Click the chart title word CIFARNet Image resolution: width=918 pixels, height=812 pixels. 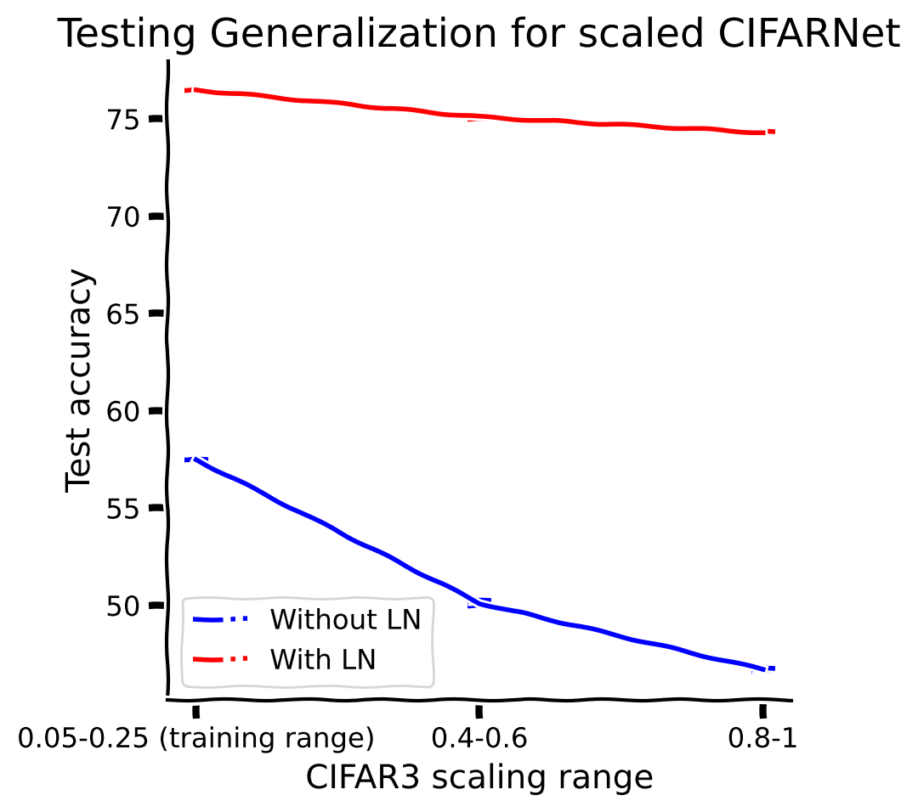click(809, 33)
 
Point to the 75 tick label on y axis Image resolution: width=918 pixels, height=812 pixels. click(123, 120)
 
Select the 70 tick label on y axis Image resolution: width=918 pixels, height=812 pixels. click(123, 217)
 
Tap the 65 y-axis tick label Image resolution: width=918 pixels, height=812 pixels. click(123, 314)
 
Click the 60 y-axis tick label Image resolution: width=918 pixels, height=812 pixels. click(123, 412)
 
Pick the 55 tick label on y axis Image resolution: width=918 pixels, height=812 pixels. click(123, 509)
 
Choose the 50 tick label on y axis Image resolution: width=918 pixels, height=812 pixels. click(123, 606)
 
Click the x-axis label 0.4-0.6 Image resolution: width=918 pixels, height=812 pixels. click(479, 738)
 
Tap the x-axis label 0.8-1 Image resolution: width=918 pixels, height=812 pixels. click(762, 738)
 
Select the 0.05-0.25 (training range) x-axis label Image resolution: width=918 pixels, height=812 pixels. click(195, 738)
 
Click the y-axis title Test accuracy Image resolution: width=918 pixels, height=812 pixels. click(79, 381)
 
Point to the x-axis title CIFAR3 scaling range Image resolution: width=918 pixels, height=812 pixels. click(479, 777)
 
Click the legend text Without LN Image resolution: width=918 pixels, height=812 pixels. click(345, 619)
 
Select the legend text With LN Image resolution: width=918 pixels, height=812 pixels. click(323, 659)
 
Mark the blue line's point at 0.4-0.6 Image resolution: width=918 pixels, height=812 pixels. click(479, 603)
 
